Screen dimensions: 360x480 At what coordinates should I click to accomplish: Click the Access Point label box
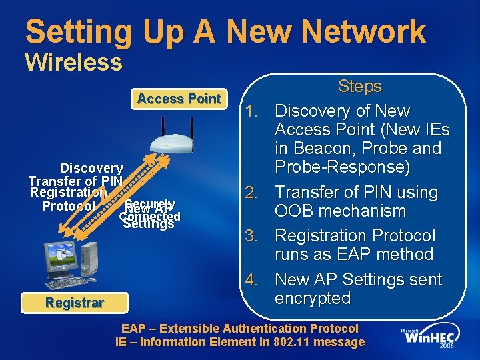[x=179, y=99]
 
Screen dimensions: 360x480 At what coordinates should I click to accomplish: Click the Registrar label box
[x=75, y=303]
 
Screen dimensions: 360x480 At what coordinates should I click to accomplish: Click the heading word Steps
[x=359, y=87]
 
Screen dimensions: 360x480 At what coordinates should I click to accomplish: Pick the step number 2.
[x=260, y=193]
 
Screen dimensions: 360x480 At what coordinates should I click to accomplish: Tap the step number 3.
[x=260, y=235]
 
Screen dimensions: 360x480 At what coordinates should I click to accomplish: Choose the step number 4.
[x=260, y=279]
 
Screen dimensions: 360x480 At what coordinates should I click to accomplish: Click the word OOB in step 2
[x=297, y=211]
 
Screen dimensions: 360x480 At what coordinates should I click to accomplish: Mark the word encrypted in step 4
[x=313, y=298]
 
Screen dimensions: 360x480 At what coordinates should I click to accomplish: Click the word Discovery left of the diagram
[x=91, y=169]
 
